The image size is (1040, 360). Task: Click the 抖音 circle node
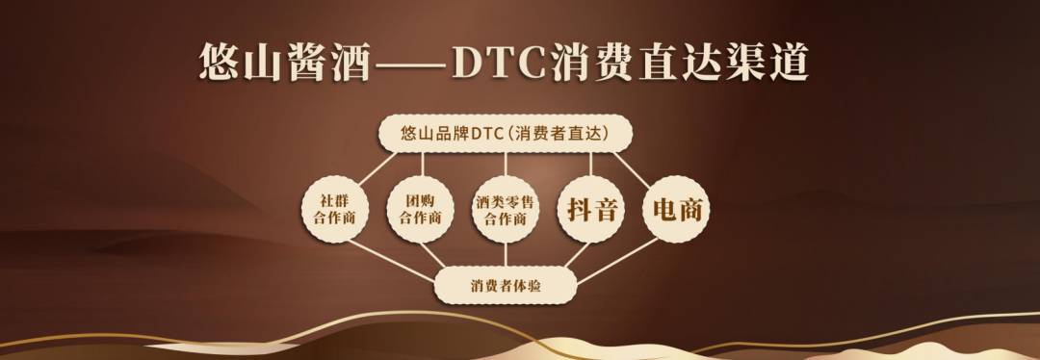pyautogui.click(x=591, y=209)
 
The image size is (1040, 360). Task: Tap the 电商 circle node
pyautogui.click(x=676, y=209)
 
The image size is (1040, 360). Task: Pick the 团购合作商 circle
pyautogui.click(x=420, y=209)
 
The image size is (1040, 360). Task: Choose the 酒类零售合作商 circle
pyautogui.click(x=506, y=209)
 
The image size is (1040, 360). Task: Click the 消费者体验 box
pyautogui.click(x=506, y=286)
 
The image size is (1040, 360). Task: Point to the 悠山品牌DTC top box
pyautogui.click(x=506, y=134)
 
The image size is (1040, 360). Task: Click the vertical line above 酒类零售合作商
pyautogui.click(x=506, y=164)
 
